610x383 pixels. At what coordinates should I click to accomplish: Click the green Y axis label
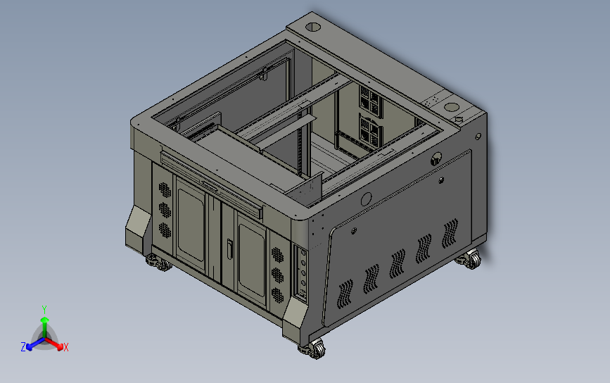pyautogui.click(x=44, y=310)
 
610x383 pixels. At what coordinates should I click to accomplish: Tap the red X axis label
pyautogui.click(x=65, y=347)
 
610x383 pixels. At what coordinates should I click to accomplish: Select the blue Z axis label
pyautogui.click(x=23, y=347)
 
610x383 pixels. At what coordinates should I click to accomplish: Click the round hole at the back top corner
pyautogui.click(x=313, y=27)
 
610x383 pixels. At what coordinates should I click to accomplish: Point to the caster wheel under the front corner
pyautogui.click(x=312, y=349)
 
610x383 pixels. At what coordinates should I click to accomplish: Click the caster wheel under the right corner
pyautogui.click(x=469, y=260)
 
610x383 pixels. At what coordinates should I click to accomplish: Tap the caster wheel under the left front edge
pyautogui.click(x=159, y=263)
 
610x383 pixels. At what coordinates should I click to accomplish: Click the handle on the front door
pyautogui.click(x=229, y=249)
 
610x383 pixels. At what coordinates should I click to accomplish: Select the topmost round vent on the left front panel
pyautogui.click(x=165, y=190)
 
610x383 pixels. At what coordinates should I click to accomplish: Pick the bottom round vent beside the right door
pyautogui.click(x=277, y=296)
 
